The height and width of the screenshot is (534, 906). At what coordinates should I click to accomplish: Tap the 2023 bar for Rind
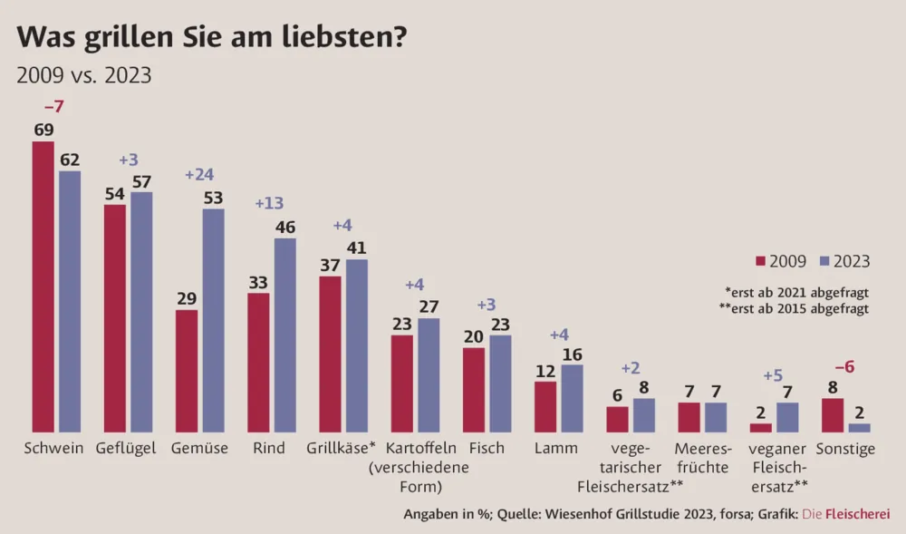pyautogui.click(x=284, y=335)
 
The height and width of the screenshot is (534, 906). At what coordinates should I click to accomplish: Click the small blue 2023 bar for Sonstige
pyautogui.click(x=859, y=427)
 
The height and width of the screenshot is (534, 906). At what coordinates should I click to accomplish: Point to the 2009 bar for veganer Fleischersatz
pyautogui.click(x=761, y=427)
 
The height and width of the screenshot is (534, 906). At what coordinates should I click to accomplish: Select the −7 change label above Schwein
pyautogui.click(x=54, y=108)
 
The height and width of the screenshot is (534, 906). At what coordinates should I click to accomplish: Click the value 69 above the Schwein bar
pyautogui.click(x=43, y=130)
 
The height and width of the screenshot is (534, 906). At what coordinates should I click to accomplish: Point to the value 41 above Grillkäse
pyautogui.click(x=357, y=248)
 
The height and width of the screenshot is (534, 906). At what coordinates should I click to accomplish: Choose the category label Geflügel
pyautogui.click(x=126, y=448)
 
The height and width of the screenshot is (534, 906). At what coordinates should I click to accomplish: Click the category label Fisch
pyautogui.click(x=487, y=448)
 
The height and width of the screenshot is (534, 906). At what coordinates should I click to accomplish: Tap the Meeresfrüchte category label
pyautogui.click(x=702, y=458)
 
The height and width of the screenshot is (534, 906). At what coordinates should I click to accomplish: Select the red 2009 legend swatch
pyautogui.click(x=760, y=262)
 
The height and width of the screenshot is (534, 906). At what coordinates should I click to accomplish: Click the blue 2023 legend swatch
pyautogui.click(x=824, y=262)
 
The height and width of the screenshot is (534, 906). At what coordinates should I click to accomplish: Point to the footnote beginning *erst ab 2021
pyautogui.click(x=796, y=291)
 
